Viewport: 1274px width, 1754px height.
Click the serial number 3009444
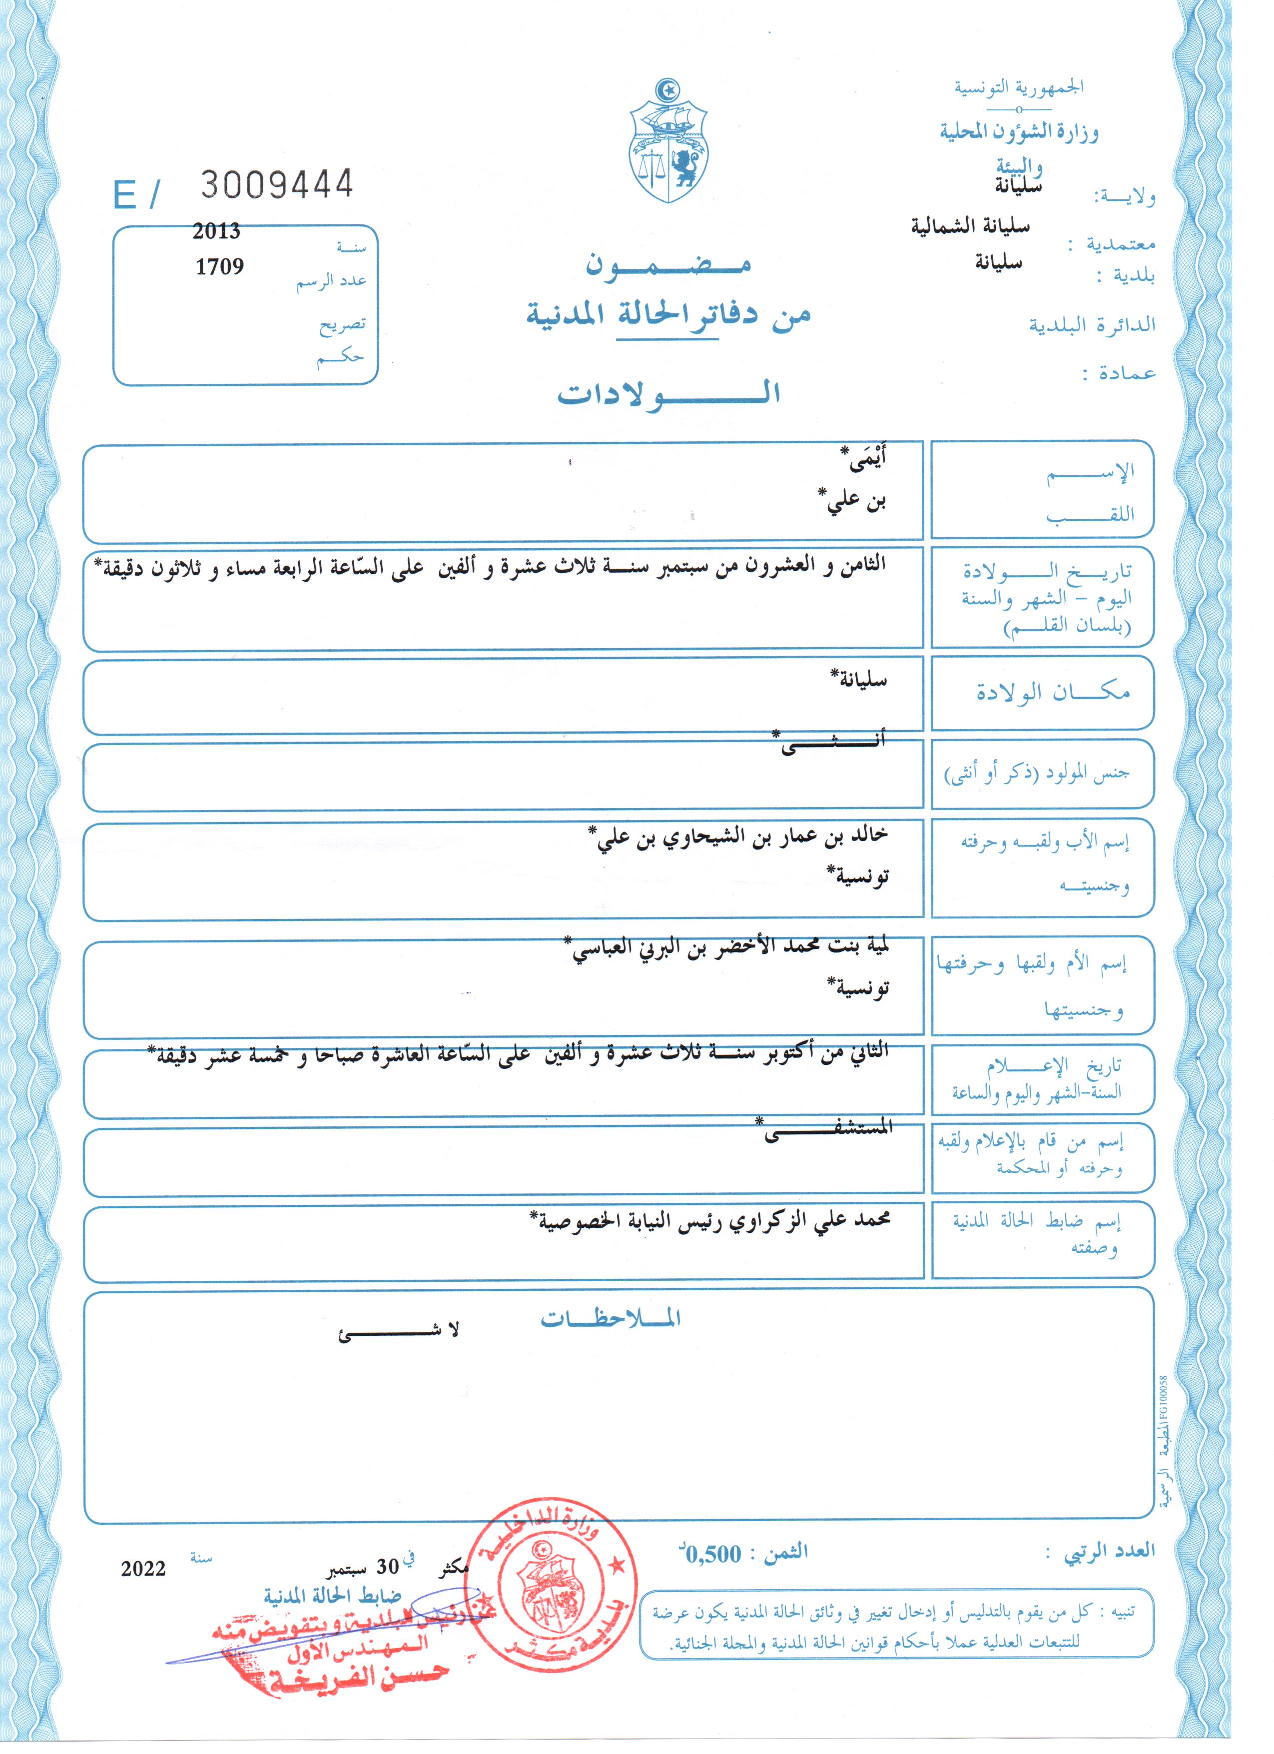277,184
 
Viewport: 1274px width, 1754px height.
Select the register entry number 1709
219,267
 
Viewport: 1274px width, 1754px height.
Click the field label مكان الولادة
1052,692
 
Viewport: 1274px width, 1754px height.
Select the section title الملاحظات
610,1319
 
